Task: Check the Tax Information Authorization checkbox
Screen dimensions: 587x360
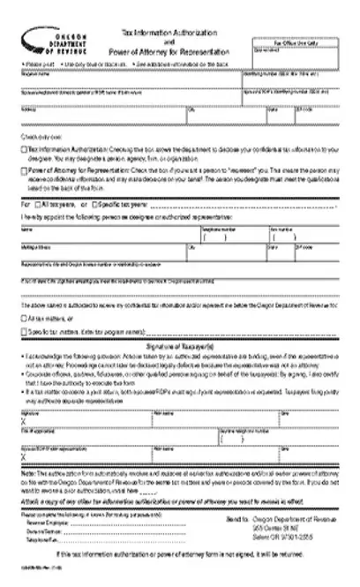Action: pyautogui.click(x=22, y=152)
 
